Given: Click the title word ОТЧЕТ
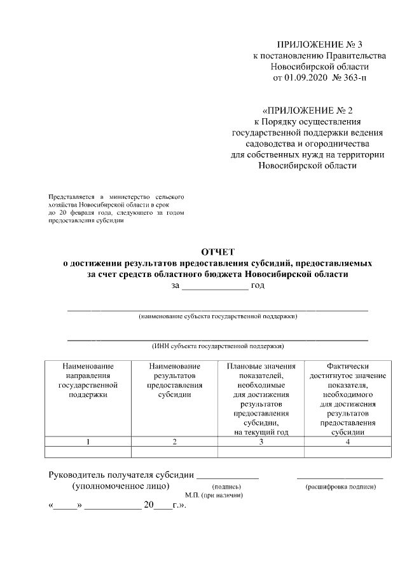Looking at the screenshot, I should [218, 252].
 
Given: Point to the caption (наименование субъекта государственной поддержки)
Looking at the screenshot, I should [218, 316].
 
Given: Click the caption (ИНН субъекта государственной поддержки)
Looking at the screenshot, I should [218, 346].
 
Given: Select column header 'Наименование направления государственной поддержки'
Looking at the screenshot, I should [88, 380].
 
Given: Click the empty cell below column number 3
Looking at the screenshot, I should [261, 452].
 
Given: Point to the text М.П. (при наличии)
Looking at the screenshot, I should [214, 495].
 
